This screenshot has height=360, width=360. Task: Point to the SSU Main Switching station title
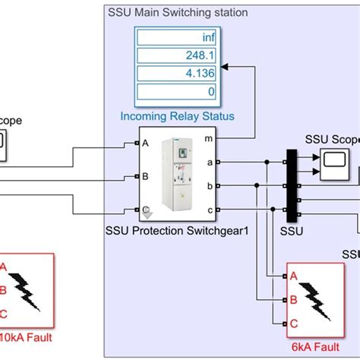click(x=177, y=13)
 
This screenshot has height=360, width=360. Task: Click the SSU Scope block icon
click(x=331, y=159)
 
